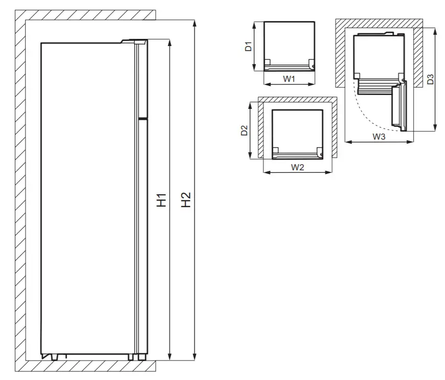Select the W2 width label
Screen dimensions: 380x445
pyautogui.click(x=298, y=167)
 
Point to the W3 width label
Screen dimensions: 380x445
pyautogui.click(x=379, y=137)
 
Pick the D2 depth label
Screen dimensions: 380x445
pyautogui.click(x=244, y=130)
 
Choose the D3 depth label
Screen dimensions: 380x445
pyautogui.click(x=430, y=79)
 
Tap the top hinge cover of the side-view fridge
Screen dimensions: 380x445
pyautogui.click(x=134, y=41)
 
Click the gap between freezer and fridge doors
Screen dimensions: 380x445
pyautogui.click(x=142, y=119)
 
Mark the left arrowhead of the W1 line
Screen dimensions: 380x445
pyautogui.click(x=265, y=84)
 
